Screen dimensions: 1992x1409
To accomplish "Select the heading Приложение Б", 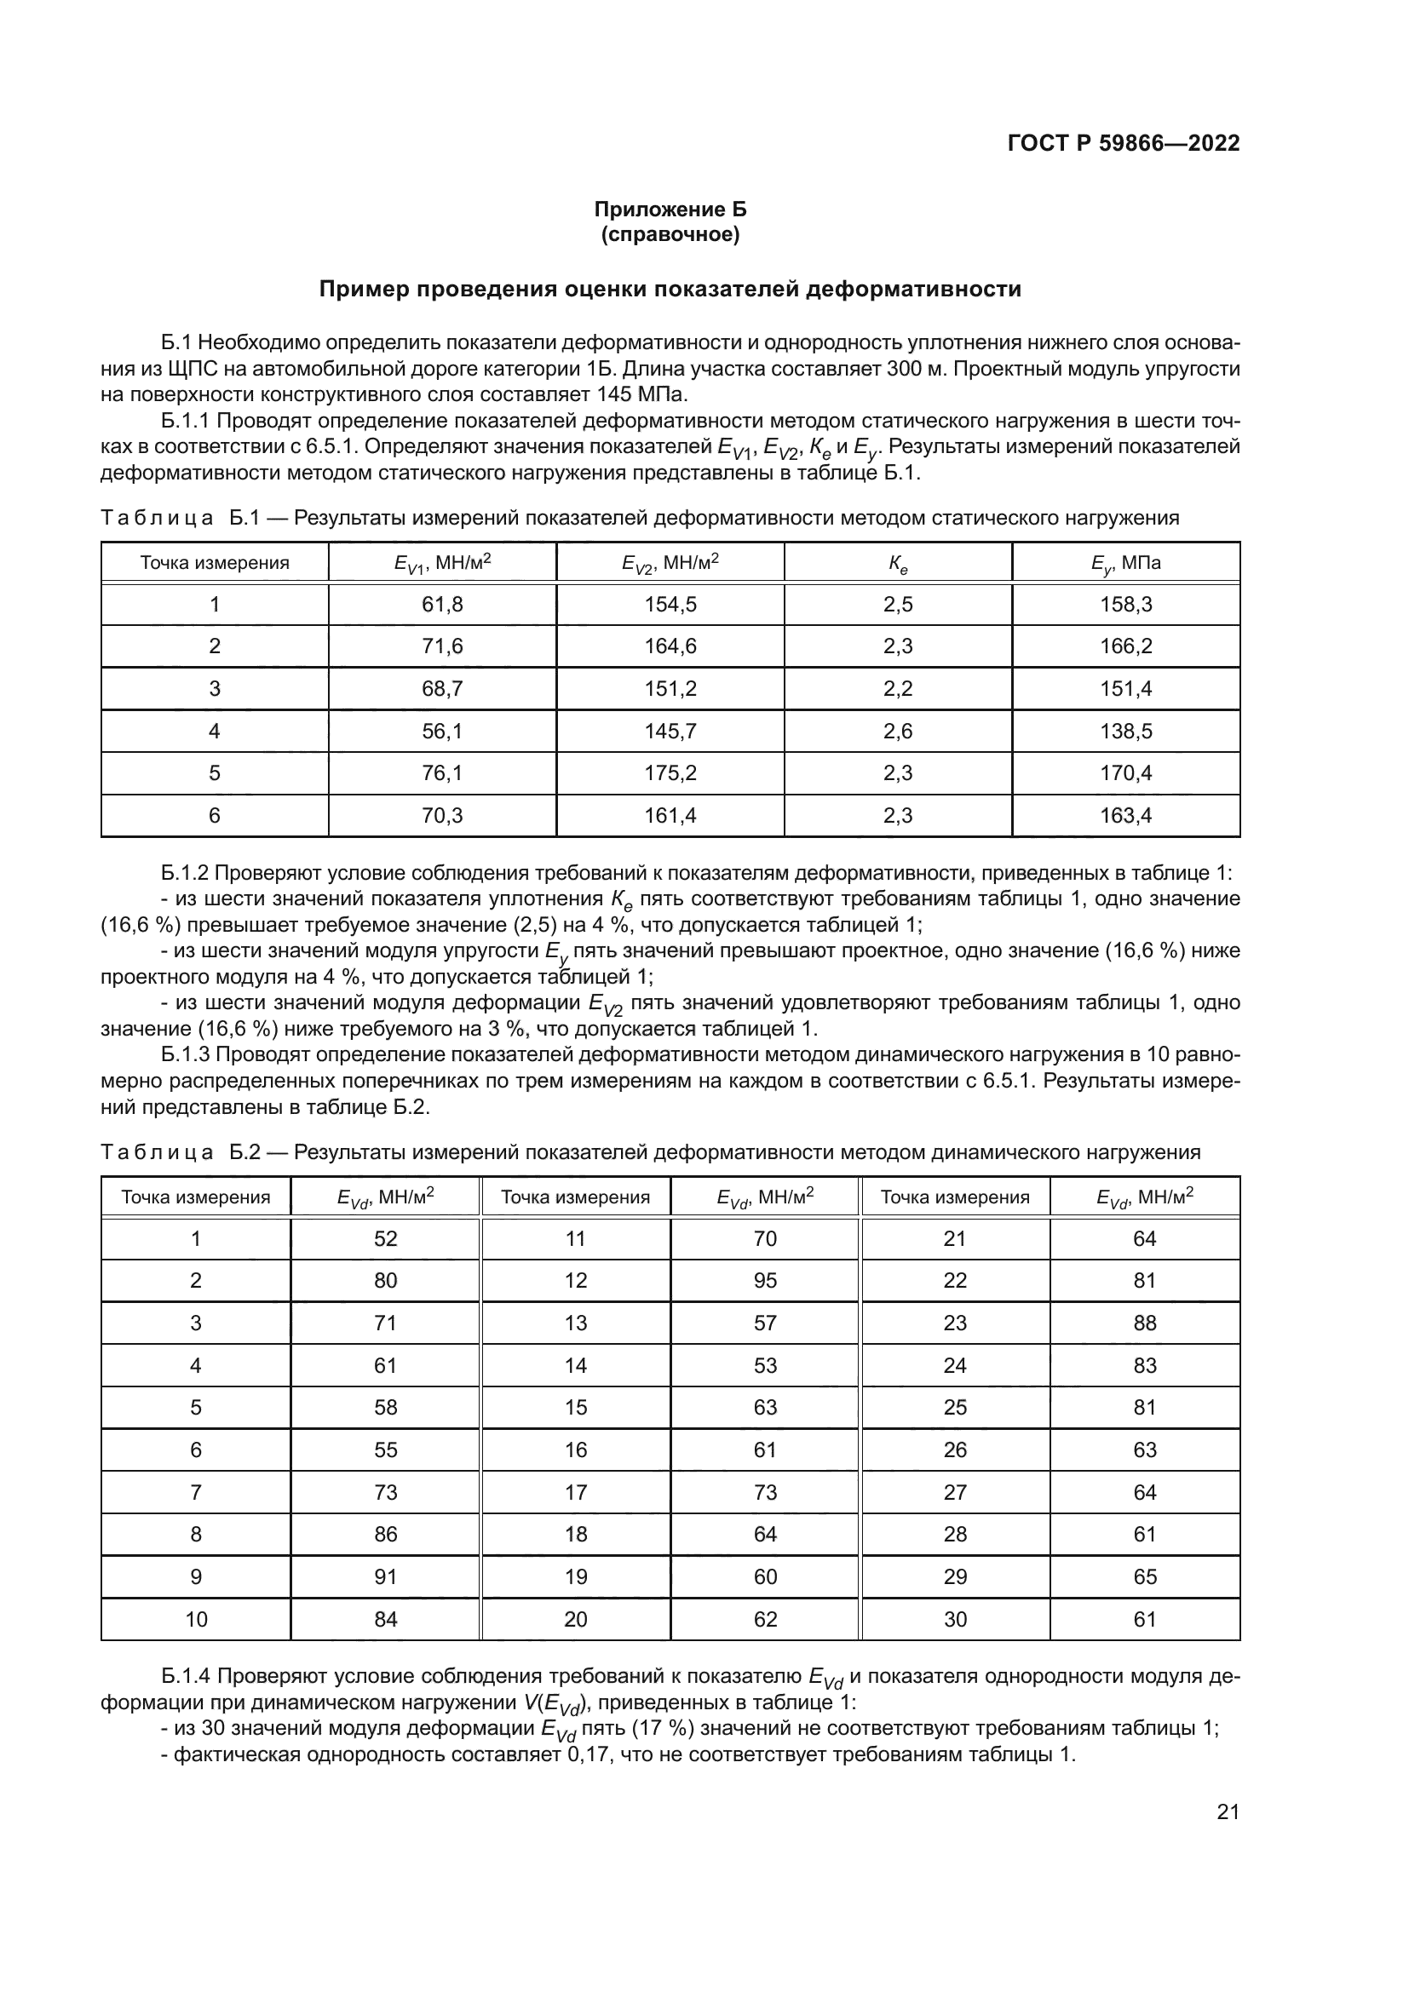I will point(670,210).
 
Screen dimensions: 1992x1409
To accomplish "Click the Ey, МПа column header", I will point(1125,563).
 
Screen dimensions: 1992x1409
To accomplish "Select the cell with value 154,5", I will point(670,605).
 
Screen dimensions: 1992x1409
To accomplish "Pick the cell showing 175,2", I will point(670,773).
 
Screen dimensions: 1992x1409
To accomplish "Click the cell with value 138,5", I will point(1125,732).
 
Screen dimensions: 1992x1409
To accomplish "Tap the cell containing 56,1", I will point(441,732).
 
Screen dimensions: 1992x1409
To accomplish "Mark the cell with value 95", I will point(764,1281).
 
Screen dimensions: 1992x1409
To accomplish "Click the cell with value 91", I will point(385,1576).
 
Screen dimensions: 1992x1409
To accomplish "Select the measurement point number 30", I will point(954,1619).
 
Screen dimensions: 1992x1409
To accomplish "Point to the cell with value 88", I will point(1144,1323).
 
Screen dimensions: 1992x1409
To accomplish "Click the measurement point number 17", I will point(575,1492).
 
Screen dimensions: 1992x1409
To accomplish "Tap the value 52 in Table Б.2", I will point(385,1239).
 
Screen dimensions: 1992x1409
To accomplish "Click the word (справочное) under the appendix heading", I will point(670,235).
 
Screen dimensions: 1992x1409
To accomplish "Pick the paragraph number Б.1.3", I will point(187,1054).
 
